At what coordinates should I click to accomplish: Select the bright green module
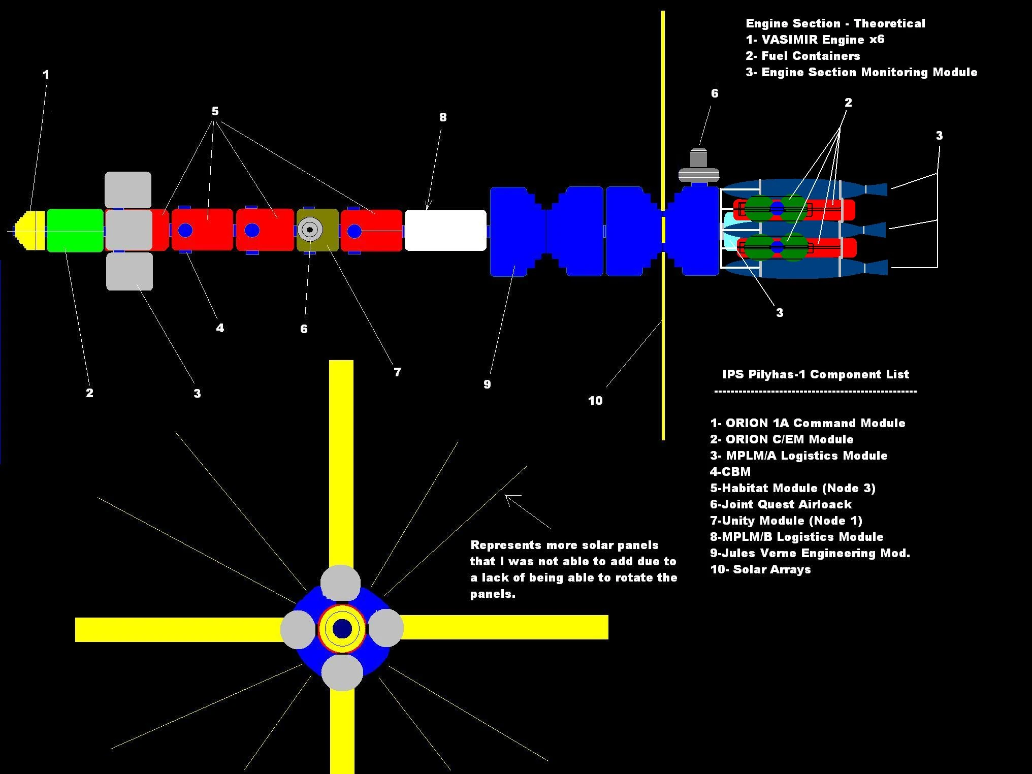(75, 230)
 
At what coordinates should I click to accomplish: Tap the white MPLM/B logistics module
(445, 230)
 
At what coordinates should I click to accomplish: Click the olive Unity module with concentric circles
(317, 230)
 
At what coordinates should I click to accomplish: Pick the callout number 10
(595, 401)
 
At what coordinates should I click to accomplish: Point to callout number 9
(487, 384)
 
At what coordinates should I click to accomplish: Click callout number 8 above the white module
(443, 117)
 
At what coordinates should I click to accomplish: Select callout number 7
(397, 372)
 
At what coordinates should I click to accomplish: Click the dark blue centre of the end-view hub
(342, 629)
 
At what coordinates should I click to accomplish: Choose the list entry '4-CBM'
(730, 472)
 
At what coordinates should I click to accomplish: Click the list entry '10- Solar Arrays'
(760, 569)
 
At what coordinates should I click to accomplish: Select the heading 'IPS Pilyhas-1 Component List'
(816, 374)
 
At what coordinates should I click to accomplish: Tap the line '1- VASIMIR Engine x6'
(815, 40)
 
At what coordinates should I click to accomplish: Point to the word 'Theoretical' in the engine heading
(889, 23)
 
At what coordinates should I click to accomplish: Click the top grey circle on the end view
(341, 583)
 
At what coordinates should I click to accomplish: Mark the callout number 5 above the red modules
(215, 111)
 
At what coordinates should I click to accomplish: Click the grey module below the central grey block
(130, 271)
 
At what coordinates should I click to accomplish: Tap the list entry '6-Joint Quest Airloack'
(781, 504)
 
